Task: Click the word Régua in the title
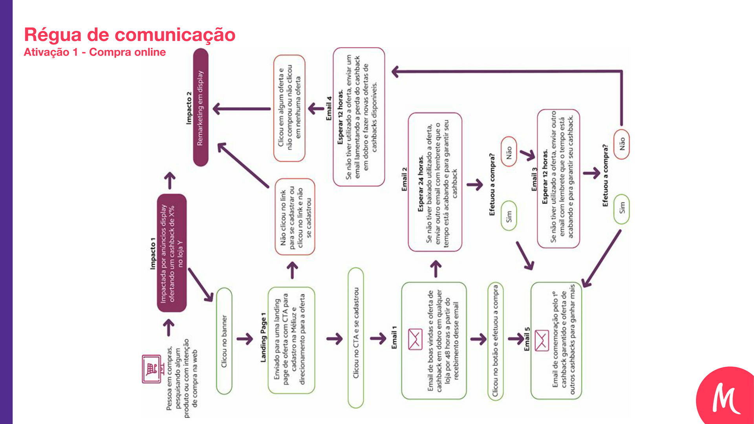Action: (53, 35)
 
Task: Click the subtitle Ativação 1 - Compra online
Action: (95, 52)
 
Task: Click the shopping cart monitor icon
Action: (152, 369)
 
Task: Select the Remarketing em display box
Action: (201, 107)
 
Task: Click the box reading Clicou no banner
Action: (224, 341)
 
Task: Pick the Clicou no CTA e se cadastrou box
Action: (356, 338)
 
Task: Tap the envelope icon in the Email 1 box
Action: (415, 339)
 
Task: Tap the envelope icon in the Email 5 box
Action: (542, 340)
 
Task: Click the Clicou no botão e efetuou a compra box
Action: (496, 340)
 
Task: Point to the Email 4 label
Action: (329, 108)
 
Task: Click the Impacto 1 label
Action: (153, 253)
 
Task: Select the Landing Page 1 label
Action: (263, 338)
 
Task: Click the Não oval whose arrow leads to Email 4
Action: (622, 144)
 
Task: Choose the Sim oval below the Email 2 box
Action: (509, 216)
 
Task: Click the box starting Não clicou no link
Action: (295, 217)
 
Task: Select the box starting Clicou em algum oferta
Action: (289, 108)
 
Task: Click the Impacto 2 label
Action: (189, 108)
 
